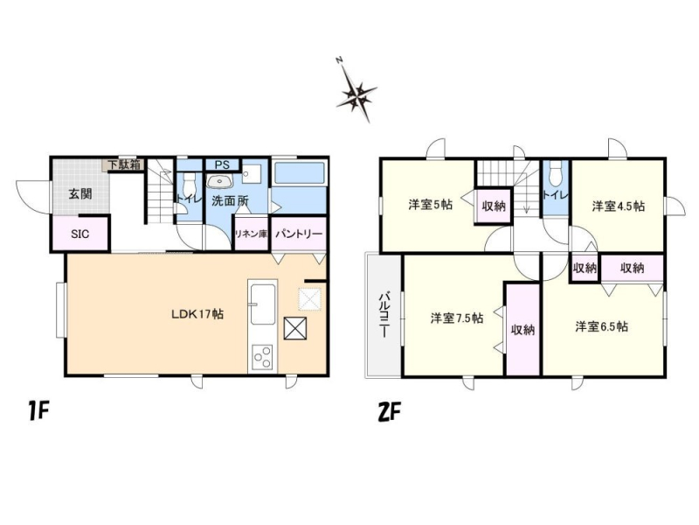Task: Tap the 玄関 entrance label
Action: tap(80, 194)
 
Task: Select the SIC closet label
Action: tap(80, 234)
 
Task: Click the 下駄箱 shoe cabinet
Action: tap(124, 164)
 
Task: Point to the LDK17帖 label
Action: tap(197, 314)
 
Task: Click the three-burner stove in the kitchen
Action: tap(262, 357)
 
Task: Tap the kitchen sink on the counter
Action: tap(263, 304)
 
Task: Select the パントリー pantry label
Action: tap(299, 234)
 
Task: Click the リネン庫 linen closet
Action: tap(251, 234)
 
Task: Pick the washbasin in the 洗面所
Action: tap(219, 181)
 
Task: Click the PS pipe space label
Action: tap(222, 164)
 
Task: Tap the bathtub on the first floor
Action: tap(299, 173)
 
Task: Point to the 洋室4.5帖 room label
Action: tap(618, 206)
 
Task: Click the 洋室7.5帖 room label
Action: tap(456, 318)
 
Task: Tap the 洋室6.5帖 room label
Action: tap(601, 326)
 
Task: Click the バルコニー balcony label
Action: tap(384, 315)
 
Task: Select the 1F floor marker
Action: tap(38, 410)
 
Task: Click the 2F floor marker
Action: tap(389, 412)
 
